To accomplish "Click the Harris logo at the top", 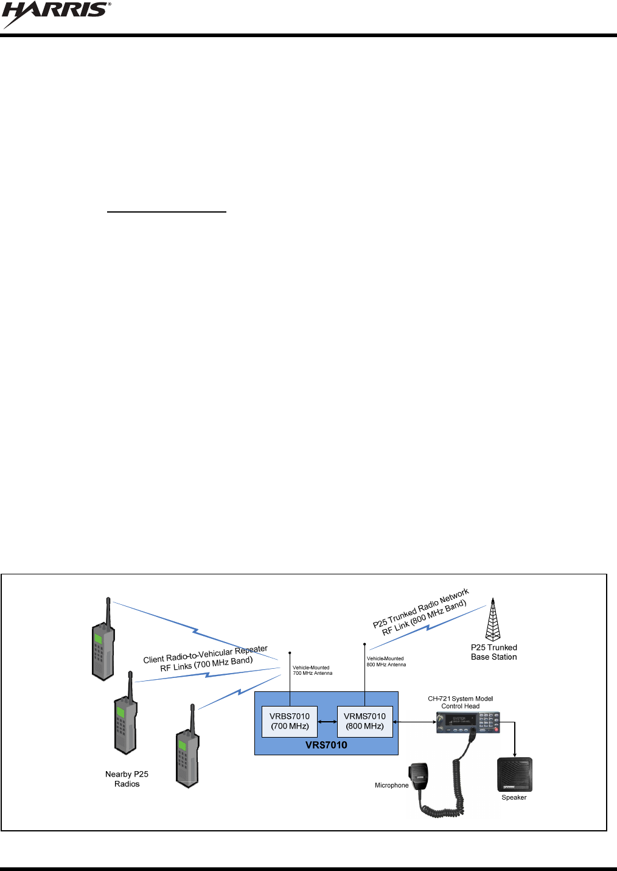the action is (x=56, y=15).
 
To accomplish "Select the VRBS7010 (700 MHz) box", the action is (x=290, y=721).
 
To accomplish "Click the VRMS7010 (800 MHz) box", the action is (x=364, y=721).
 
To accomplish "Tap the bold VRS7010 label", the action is (x=326, y=745).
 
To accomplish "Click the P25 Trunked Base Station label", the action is (x=493, y=652).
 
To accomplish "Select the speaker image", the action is (x=515, y=774).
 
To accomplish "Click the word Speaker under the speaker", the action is (x=514, y=797).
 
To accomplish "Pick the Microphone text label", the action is (x=392, y=785).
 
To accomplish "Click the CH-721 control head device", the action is (x=468, y=722).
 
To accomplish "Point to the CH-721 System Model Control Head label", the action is (x=461, y=702).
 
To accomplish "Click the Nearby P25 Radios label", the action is (x=127, y=779).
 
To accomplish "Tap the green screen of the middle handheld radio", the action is (x=120, y=712).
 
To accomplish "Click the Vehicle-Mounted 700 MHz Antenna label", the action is (x=312, y=670).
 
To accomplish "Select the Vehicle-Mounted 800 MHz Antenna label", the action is (x=386, y=661).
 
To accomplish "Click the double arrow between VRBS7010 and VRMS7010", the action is (x=327, y=722).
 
